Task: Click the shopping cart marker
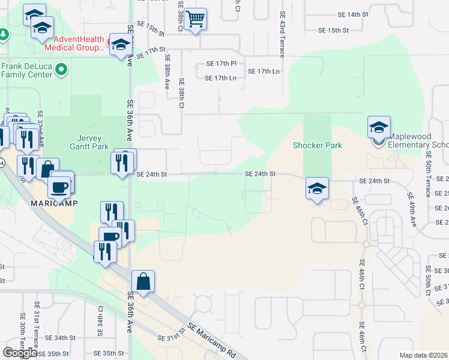pyautogui.click(x=196, y=20)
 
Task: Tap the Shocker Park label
pyautogui.click(x=317, y=145)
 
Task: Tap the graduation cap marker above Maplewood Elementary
pyautogui.click(x=379, y=128)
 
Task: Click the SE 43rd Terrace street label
pyautogui.click(x=282, y=33)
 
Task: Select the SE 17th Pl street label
pyautogui.click(x=221, y=63)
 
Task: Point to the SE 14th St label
pyautogui.click(x=352, y=14)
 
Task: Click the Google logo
pyautogui.click(x=20, y=352)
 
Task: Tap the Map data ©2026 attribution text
pyautogui.click(x=423, y=355)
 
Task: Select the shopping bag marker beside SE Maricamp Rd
pyautogui.click(x=144, y=281)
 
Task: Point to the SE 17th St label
pyautogui.click(x=150, y=54)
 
